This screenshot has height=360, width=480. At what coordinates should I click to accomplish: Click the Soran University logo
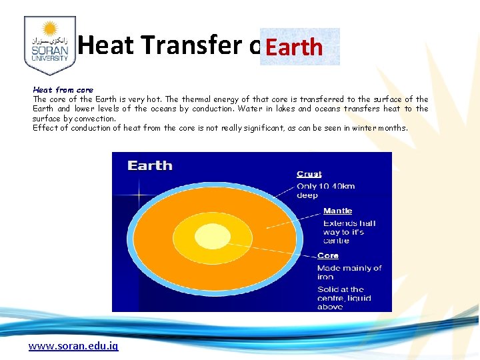pos(49,45)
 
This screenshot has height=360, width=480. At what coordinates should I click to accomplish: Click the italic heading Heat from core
pos(63,89)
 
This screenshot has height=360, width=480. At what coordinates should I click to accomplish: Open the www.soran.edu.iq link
pos(73,347)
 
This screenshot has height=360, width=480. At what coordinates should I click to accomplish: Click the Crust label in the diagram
pos(309,174)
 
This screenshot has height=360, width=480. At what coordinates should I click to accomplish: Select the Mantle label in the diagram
pos(337,211)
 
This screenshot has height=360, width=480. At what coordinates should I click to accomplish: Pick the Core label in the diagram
pos(328,255)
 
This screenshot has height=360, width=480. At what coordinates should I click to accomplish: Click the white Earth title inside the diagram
pos(150,165)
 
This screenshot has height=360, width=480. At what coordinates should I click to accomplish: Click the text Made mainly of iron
pos(349,272)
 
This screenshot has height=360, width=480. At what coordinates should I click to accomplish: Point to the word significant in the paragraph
pos(260,128)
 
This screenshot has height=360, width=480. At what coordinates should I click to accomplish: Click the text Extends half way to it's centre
pos(349,232)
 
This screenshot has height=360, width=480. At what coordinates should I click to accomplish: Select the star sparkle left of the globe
pos(139,195)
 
